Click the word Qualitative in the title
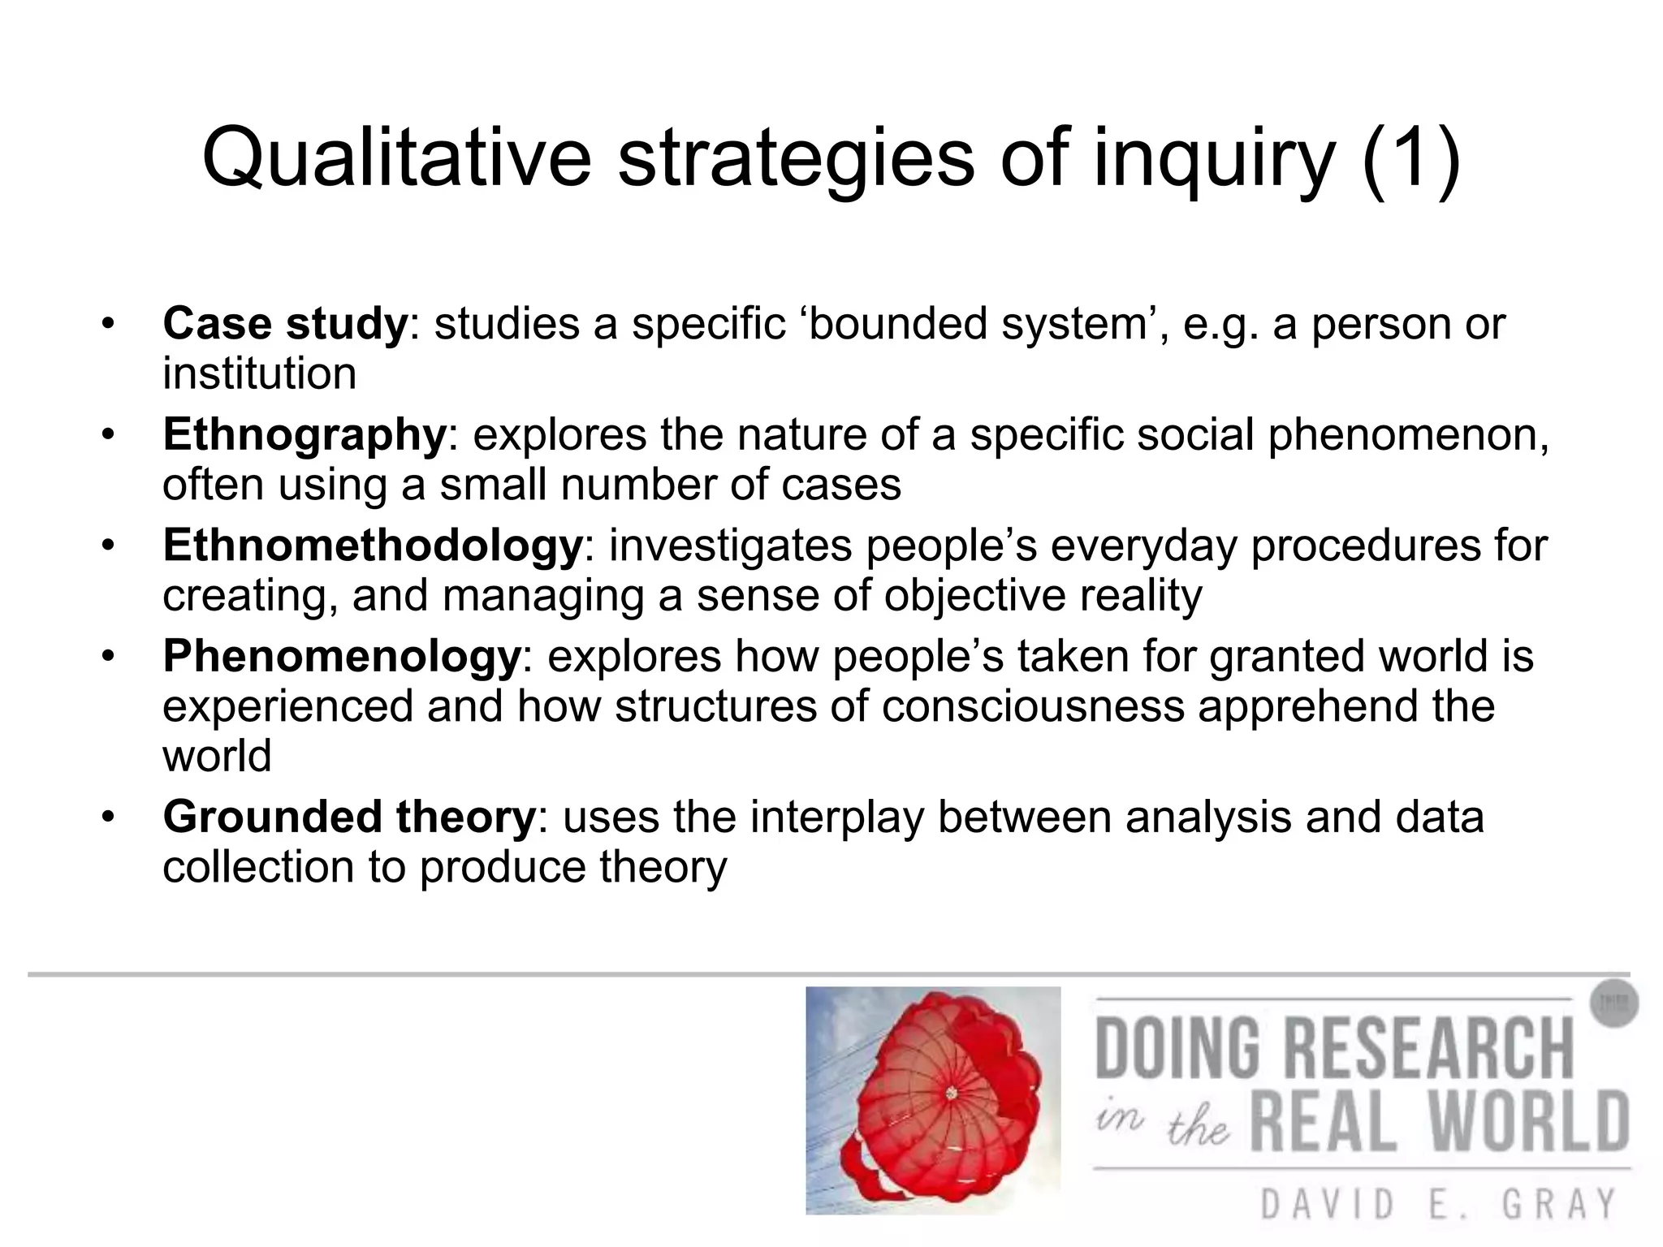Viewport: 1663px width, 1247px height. (396, 158)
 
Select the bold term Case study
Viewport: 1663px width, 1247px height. (284, 324)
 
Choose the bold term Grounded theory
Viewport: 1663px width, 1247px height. (349, 817)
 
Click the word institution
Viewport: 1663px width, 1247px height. (259, 374)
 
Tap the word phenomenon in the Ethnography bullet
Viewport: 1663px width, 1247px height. (1408, 435)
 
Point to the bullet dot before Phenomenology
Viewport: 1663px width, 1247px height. (108, 656)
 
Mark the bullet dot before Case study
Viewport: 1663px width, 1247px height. (108, 324)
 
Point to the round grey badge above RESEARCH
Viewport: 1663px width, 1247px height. (1613, 1003)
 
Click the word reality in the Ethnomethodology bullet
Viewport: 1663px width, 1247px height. (1140, 596)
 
